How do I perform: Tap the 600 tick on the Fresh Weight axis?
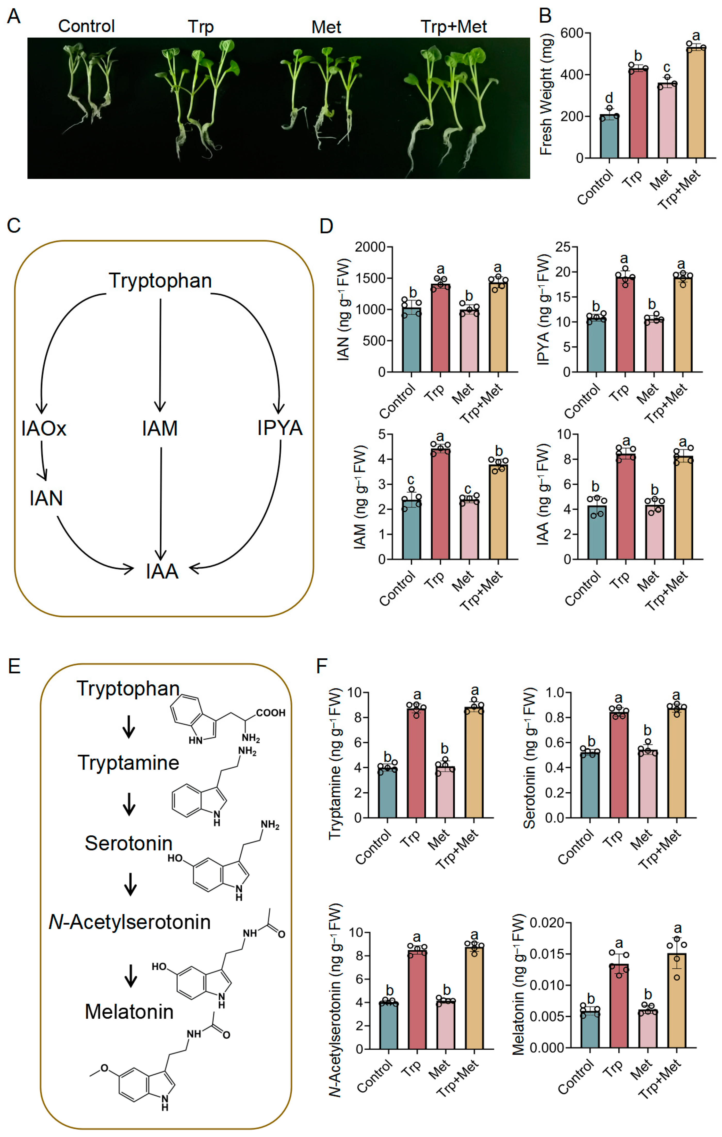click(571, 34)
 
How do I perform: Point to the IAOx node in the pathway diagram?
click(43, 428)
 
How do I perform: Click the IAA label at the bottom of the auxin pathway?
click(162, 571)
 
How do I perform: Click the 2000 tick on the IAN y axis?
click(370, 247)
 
